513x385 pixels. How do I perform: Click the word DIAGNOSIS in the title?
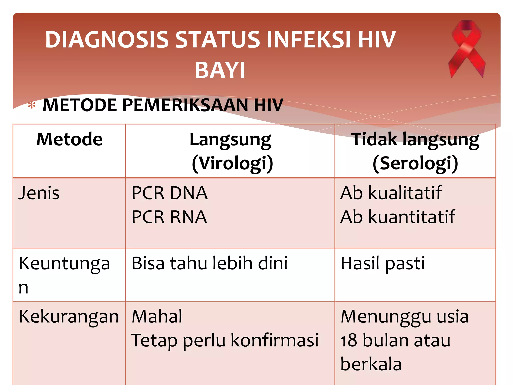tap(107, 40)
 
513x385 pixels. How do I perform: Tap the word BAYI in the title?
tap(220, 71)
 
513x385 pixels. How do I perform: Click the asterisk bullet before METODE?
tap(32, 105)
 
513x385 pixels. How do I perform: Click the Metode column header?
tap(69, 139)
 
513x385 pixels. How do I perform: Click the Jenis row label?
tap(39, 193)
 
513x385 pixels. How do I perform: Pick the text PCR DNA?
tap(170, 193)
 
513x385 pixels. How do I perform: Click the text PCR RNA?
tap(169, 217)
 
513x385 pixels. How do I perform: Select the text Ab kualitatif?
tap(391, 193)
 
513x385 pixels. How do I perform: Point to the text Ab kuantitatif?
tap(398, 217)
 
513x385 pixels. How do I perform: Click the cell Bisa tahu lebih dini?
tap(209, 264)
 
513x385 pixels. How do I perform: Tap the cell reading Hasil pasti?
tap(382, 264)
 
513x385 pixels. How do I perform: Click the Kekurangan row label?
tap(69, 317)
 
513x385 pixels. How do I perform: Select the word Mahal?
tap(157, 317)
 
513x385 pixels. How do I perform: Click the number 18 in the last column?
tap(348, 341)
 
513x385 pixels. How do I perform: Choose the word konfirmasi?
tap(275, 341)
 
